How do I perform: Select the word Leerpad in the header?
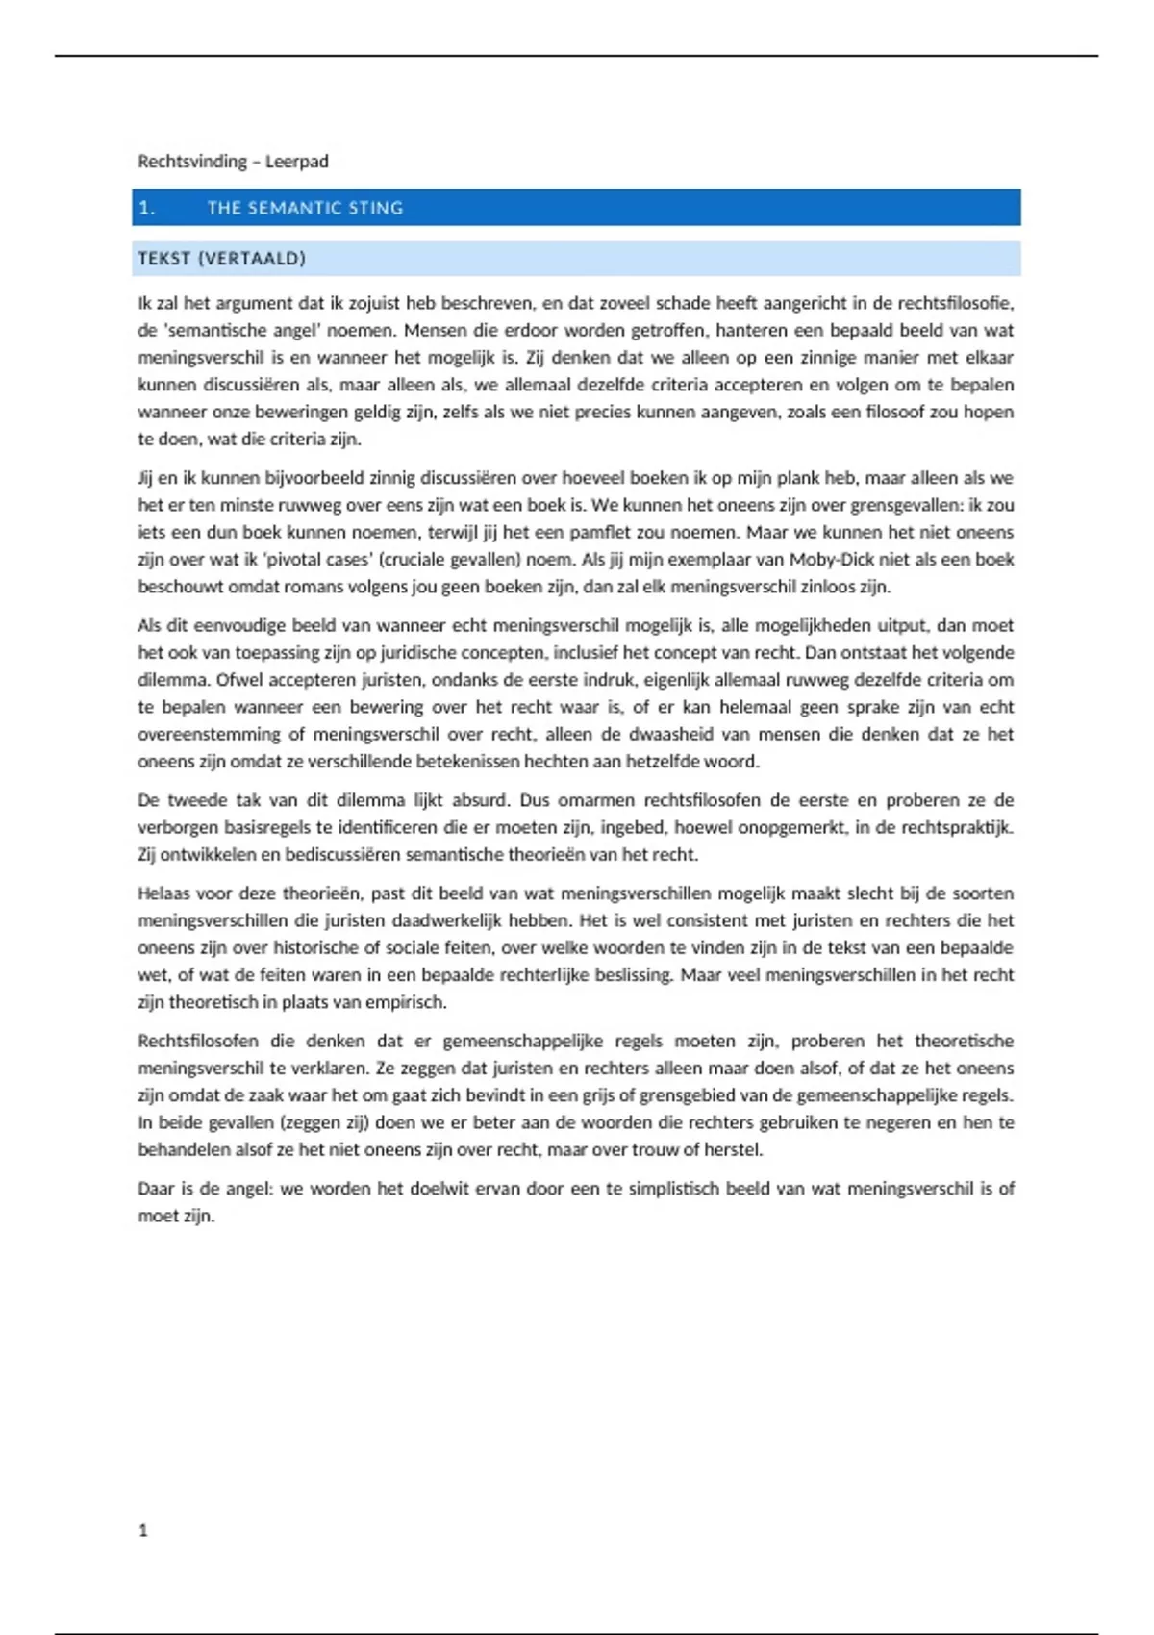click(x=297, y=162)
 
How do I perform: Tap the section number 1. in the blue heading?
click(x=147, y=208)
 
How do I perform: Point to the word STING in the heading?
click(x=376, y=208)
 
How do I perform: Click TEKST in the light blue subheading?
click(x=163, y=259)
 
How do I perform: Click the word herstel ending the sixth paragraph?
click(x=734, y=1149)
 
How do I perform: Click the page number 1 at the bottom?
click(x=143, y=1530)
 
